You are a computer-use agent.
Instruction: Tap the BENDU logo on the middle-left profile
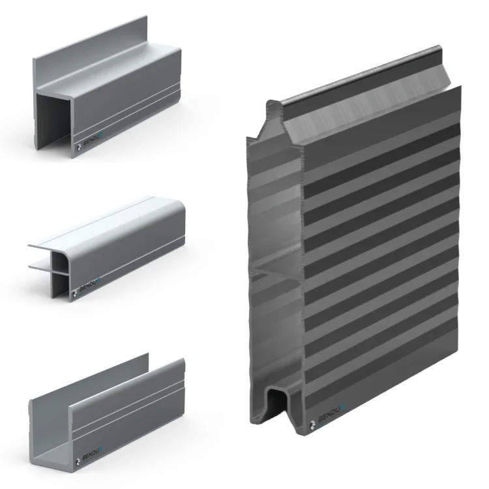tap(91, 285)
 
